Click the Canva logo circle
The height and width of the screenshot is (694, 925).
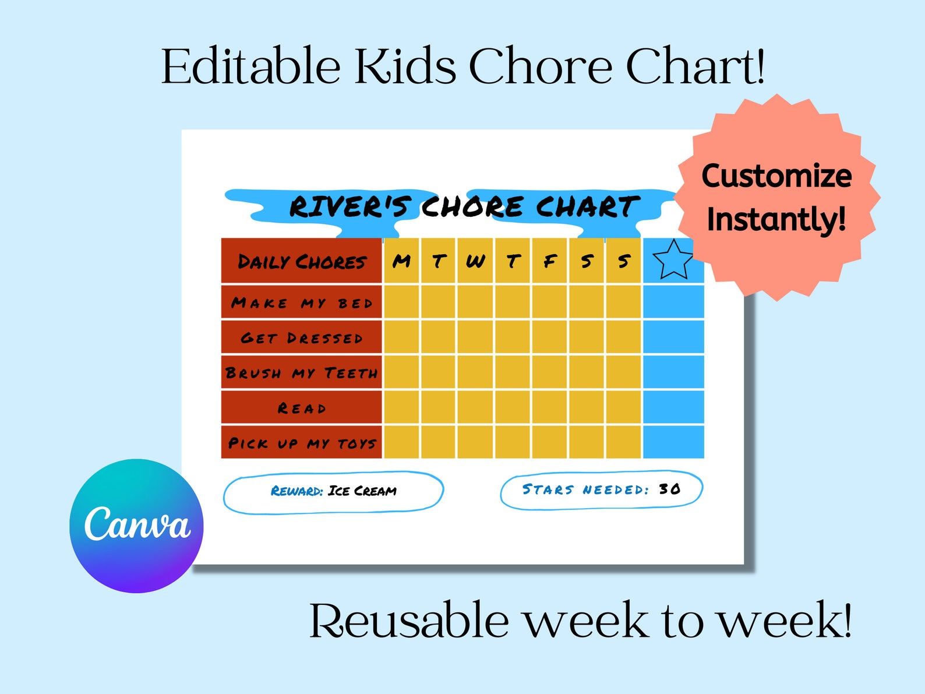pos(136,526)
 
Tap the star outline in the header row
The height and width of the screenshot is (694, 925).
pos(673,260)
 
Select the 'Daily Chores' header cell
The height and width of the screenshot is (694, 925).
pos(302,261)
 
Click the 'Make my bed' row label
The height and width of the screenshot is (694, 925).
pos(302,302)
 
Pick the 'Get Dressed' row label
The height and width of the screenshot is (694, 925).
pos(302,337)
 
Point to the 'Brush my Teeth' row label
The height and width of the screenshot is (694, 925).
pos(302,372)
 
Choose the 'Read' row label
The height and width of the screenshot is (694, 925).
pos(302,408)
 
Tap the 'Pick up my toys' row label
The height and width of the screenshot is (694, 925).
pos(302,443)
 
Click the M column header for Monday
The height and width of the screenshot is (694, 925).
pos(401,260)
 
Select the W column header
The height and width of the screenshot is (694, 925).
pos(475,260)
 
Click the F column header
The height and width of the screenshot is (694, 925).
pos(549,260)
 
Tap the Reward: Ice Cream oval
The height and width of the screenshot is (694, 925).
pos(333,491)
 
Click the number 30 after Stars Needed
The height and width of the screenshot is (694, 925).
pos(669,489)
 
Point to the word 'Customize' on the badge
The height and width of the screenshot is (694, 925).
pos(776,175)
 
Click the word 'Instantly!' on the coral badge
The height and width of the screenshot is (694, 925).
pos(776,219)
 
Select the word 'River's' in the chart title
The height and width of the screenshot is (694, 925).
pos(350,207)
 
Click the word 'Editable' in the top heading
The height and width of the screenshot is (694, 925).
pos(250,66)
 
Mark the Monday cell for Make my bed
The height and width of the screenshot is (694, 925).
pos(401,302)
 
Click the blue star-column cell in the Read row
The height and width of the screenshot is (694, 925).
pos(673,407)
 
